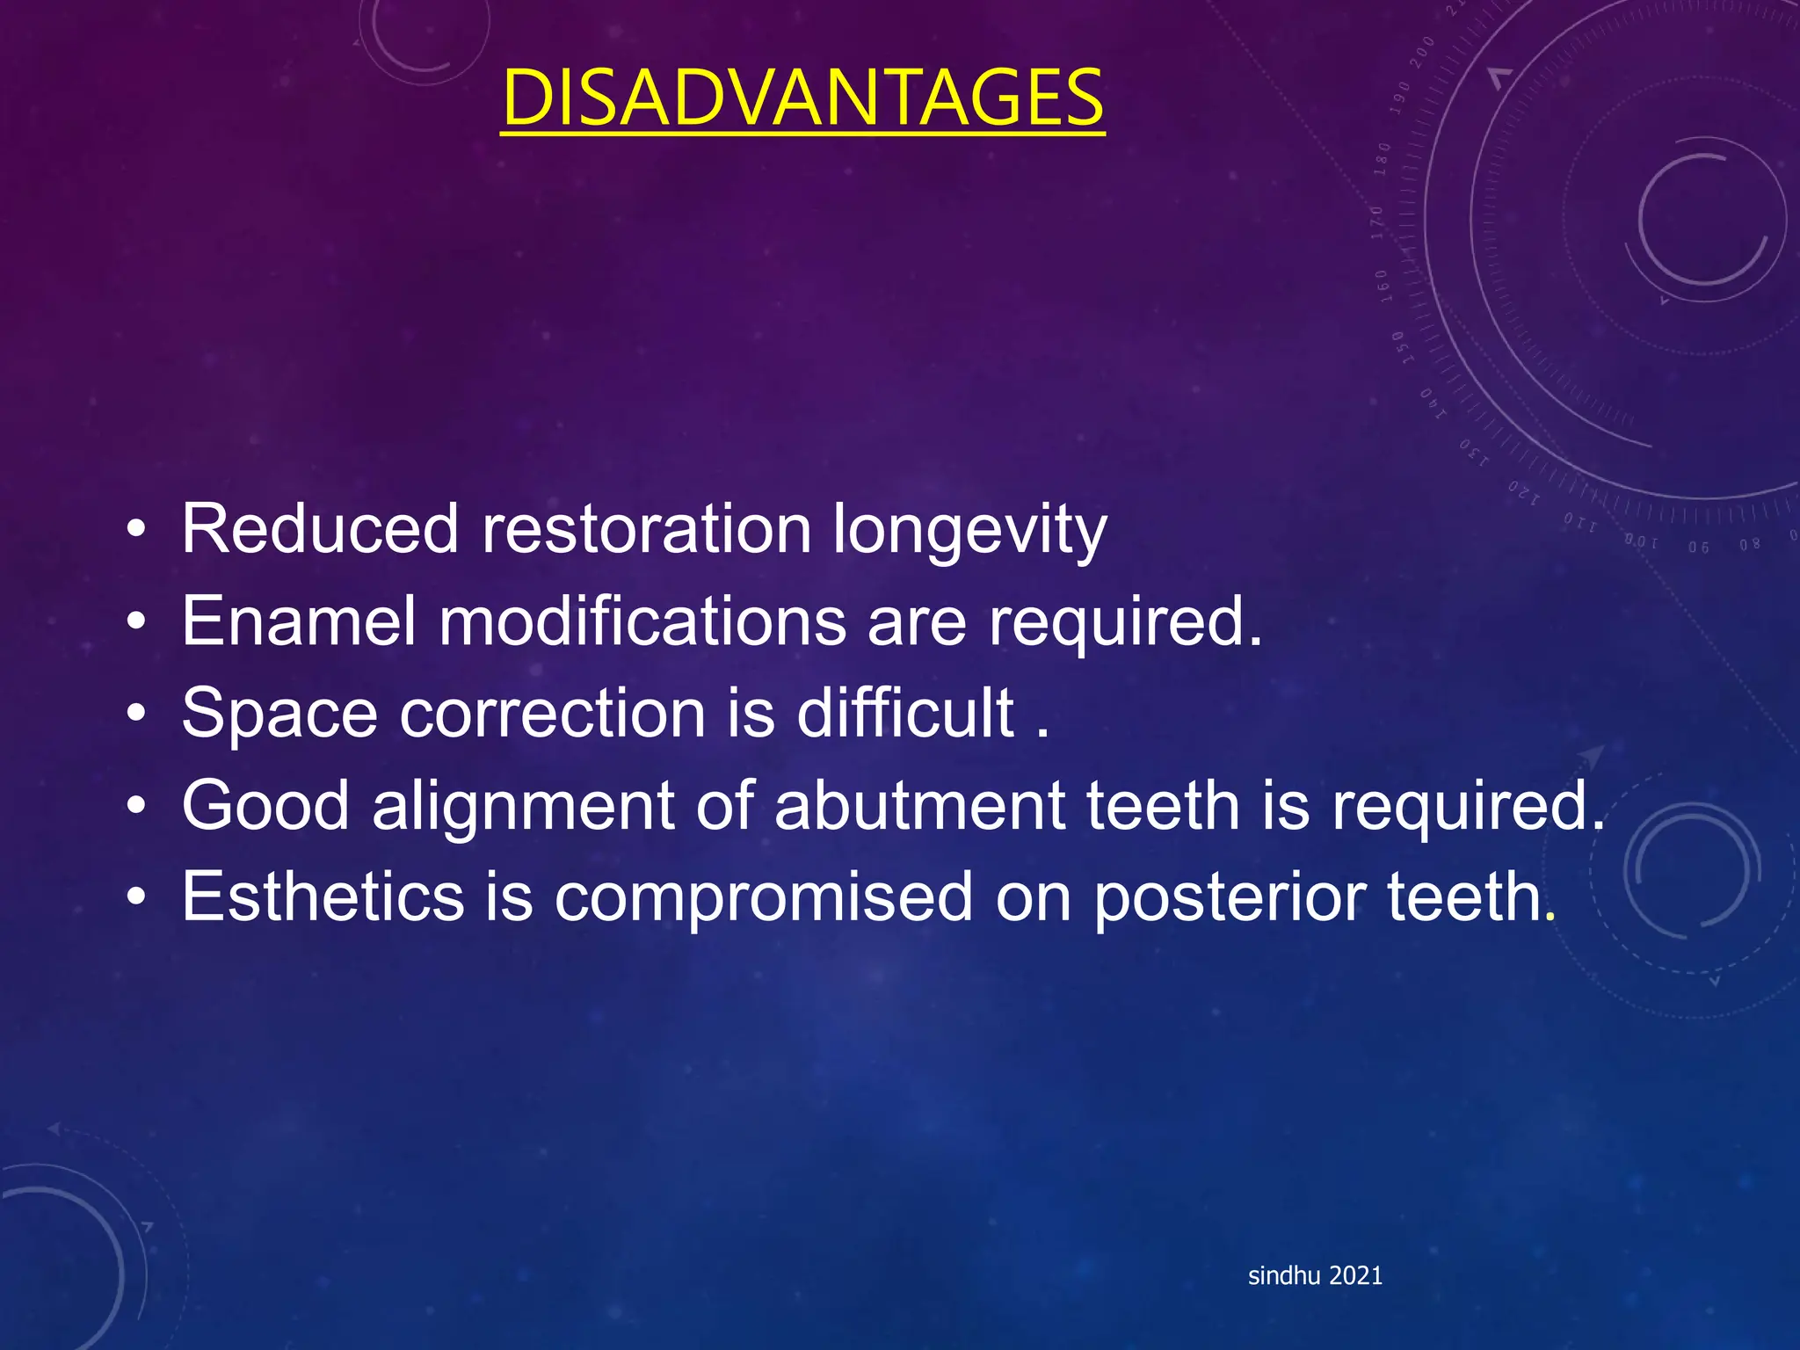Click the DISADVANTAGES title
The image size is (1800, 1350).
click(802, 98)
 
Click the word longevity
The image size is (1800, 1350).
click(969, 530)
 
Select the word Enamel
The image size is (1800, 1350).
click(298, 621)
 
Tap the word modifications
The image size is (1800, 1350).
click(642, 621)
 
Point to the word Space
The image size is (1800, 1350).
click(279, 713)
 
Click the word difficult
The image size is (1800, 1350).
click(905, 713)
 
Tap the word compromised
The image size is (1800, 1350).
click(763, 898)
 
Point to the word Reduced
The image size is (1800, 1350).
click(320, 530)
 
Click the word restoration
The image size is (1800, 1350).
click(646, 530)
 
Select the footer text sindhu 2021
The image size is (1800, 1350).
click(1315, 1276)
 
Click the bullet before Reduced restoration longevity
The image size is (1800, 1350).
click(135, 531)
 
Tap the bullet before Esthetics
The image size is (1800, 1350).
click(135, 898)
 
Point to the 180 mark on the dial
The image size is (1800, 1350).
click(1383, 159)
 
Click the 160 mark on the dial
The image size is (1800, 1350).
click(1382, 287)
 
